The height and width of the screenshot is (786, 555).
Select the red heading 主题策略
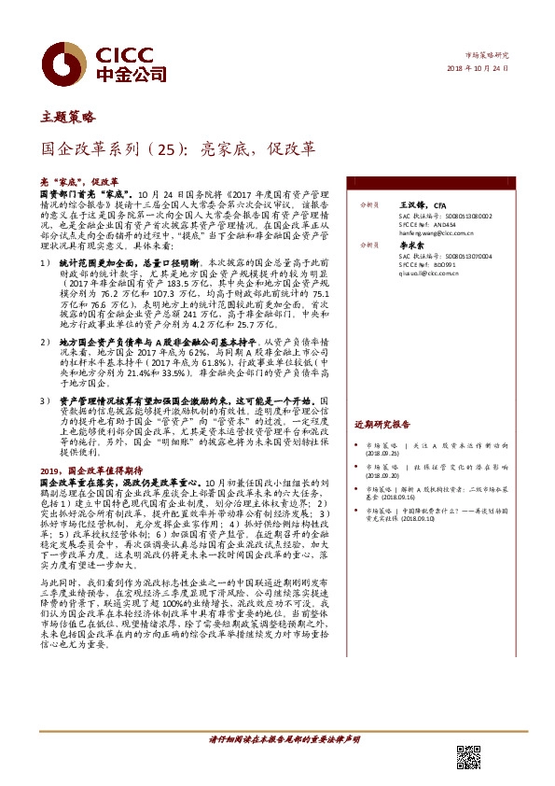[68, 118]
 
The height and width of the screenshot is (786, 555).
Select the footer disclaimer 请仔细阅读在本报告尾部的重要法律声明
[279, 739]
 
